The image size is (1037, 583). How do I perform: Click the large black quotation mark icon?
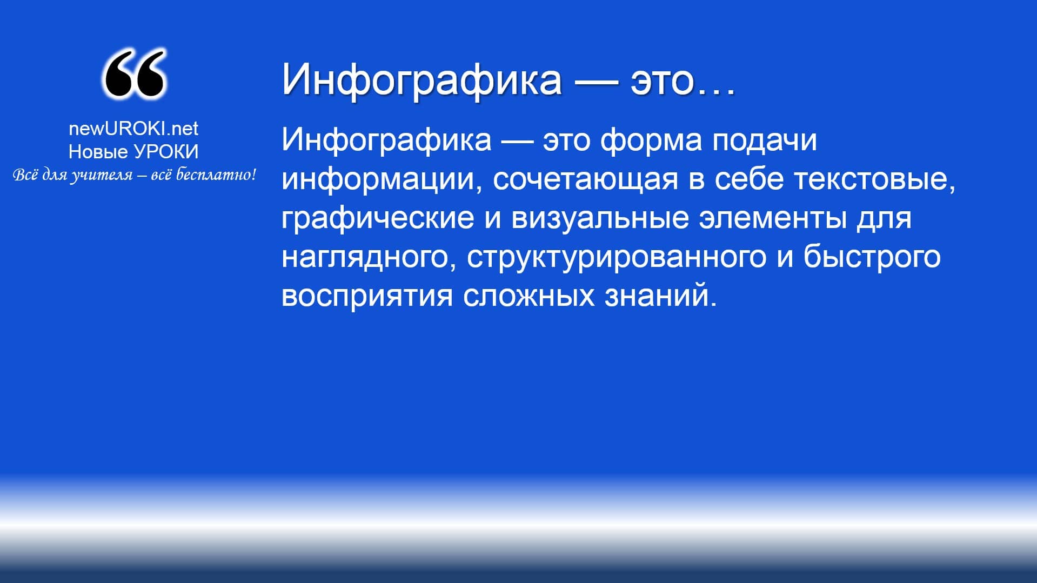click(133, 74)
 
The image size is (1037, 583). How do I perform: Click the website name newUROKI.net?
click(133, 129)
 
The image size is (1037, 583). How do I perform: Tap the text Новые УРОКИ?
click(133, 152)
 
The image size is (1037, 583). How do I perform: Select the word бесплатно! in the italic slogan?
click(216, 175)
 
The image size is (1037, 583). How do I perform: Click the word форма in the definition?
click(651, 140)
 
